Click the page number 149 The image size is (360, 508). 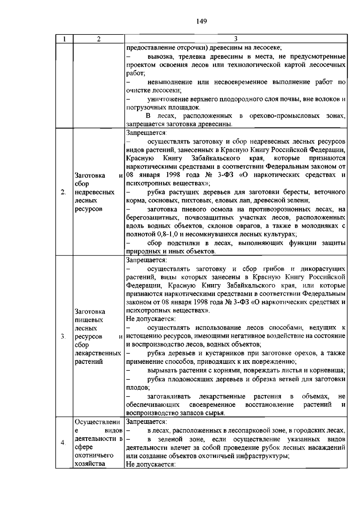202,21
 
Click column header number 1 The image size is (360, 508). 64,39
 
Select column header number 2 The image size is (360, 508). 99,39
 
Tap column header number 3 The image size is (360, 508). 235,39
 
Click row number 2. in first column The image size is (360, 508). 63,192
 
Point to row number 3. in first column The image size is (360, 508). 63,337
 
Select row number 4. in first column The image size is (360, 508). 63,443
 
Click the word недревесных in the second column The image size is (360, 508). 94,192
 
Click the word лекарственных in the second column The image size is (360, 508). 98,353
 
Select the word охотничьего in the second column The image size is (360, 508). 94,456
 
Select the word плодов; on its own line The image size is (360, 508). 138,388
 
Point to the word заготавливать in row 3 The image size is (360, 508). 169,397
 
